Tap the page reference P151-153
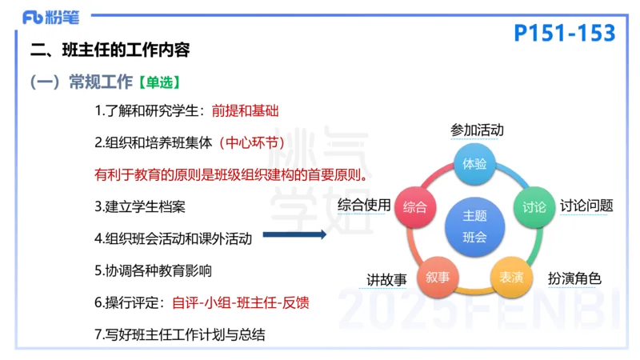pyautogui.click(x=565, y=33)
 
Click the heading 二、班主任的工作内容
pyautogui.click(x=110, y=50)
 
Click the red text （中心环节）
pyautogui.click(x=253, y=143)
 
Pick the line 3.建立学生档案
pyautogui.click(x=140, y=206)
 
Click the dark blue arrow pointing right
pyautogui.click(x=294, y=234)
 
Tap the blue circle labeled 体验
pyautogui.click(x=475, y=164)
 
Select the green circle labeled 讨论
pyautogui.click(x=534, y=206)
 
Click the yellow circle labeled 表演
pyautogui.click(x=511, y=277)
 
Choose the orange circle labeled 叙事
pyautogui.click(x=438, y=277)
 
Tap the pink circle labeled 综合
pyautogui.click(x=414, y=206)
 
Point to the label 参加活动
pyautogui.click(x=477, y=130)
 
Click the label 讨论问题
pyautogui.click(x=586, y=206)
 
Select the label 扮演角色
pyautogui.click(x=574, y=278)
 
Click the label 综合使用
pyautogui.click(x=364, y=205)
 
